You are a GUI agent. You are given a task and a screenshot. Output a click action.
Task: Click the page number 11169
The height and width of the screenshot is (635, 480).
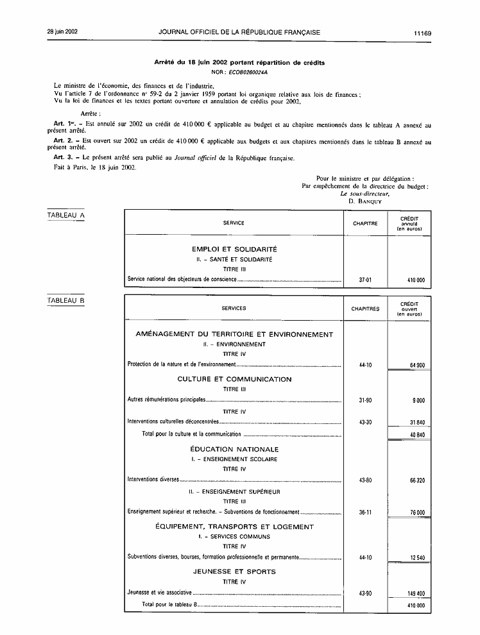pos(422,32)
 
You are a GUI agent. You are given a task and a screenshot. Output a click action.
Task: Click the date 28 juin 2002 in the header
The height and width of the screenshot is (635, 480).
pos(62,32)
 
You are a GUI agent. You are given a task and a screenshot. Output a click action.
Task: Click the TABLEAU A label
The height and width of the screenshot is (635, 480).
pos(66,216)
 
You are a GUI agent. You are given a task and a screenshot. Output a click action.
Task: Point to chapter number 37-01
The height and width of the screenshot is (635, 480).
pos(365,280)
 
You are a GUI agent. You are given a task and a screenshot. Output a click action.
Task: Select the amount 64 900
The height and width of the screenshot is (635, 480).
pos(416,365)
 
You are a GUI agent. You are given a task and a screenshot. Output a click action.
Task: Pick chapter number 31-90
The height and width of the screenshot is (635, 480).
pos(365,400)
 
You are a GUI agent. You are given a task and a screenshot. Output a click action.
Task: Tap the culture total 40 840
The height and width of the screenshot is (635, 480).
pos(416,434)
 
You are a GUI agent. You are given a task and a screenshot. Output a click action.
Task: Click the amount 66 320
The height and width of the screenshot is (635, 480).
pos(416,480)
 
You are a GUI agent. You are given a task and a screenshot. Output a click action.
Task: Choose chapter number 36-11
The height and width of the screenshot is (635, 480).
pos(365,512)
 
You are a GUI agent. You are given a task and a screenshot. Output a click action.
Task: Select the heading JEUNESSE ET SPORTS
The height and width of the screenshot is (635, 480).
pos(234,571)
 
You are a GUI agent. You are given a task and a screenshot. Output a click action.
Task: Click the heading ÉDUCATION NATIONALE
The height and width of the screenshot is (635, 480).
pos(234,449)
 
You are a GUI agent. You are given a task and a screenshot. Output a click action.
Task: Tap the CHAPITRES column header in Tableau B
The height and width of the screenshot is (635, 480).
pos(365,309)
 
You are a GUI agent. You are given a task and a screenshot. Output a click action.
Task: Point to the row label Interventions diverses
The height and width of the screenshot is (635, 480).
pos(153,480)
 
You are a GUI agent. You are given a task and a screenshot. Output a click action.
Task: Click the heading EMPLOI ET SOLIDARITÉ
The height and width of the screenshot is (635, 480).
pos(234,249)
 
